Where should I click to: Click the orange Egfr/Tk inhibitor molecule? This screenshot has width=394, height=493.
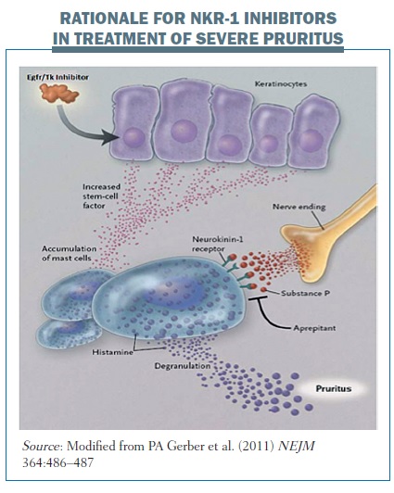pos(59,94)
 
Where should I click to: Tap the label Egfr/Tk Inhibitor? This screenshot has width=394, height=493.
pos(57,77)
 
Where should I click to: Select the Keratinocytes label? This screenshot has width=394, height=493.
pos(281,84)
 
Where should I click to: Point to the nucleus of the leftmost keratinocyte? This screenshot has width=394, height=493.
pos(133,138)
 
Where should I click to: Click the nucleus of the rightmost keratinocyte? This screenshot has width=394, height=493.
pos(311,140)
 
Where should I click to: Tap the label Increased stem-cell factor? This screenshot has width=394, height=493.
pos(100,196)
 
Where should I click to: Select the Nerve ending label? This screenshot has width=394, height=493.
pos(299,207)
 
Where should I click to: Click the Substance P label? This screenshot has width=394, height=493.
pos(305,293)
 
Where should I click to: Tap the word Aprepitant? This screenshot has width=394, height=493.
pos(314,328)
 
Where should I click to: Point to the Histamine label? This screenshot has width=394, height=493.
pos(112,352)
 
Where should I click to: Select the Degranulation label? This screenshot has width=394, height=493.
pos(183,366)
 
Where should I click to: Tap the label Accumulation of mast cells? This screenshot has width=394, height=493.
pos(70,253)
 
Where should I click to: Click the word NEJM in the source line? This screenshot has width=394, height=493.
pos(297,446)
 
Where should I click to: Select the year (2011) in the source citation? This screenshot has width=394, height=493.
pos(257,446)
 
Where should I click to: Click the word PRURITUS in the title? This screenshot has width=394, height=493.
pos(303,38)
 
